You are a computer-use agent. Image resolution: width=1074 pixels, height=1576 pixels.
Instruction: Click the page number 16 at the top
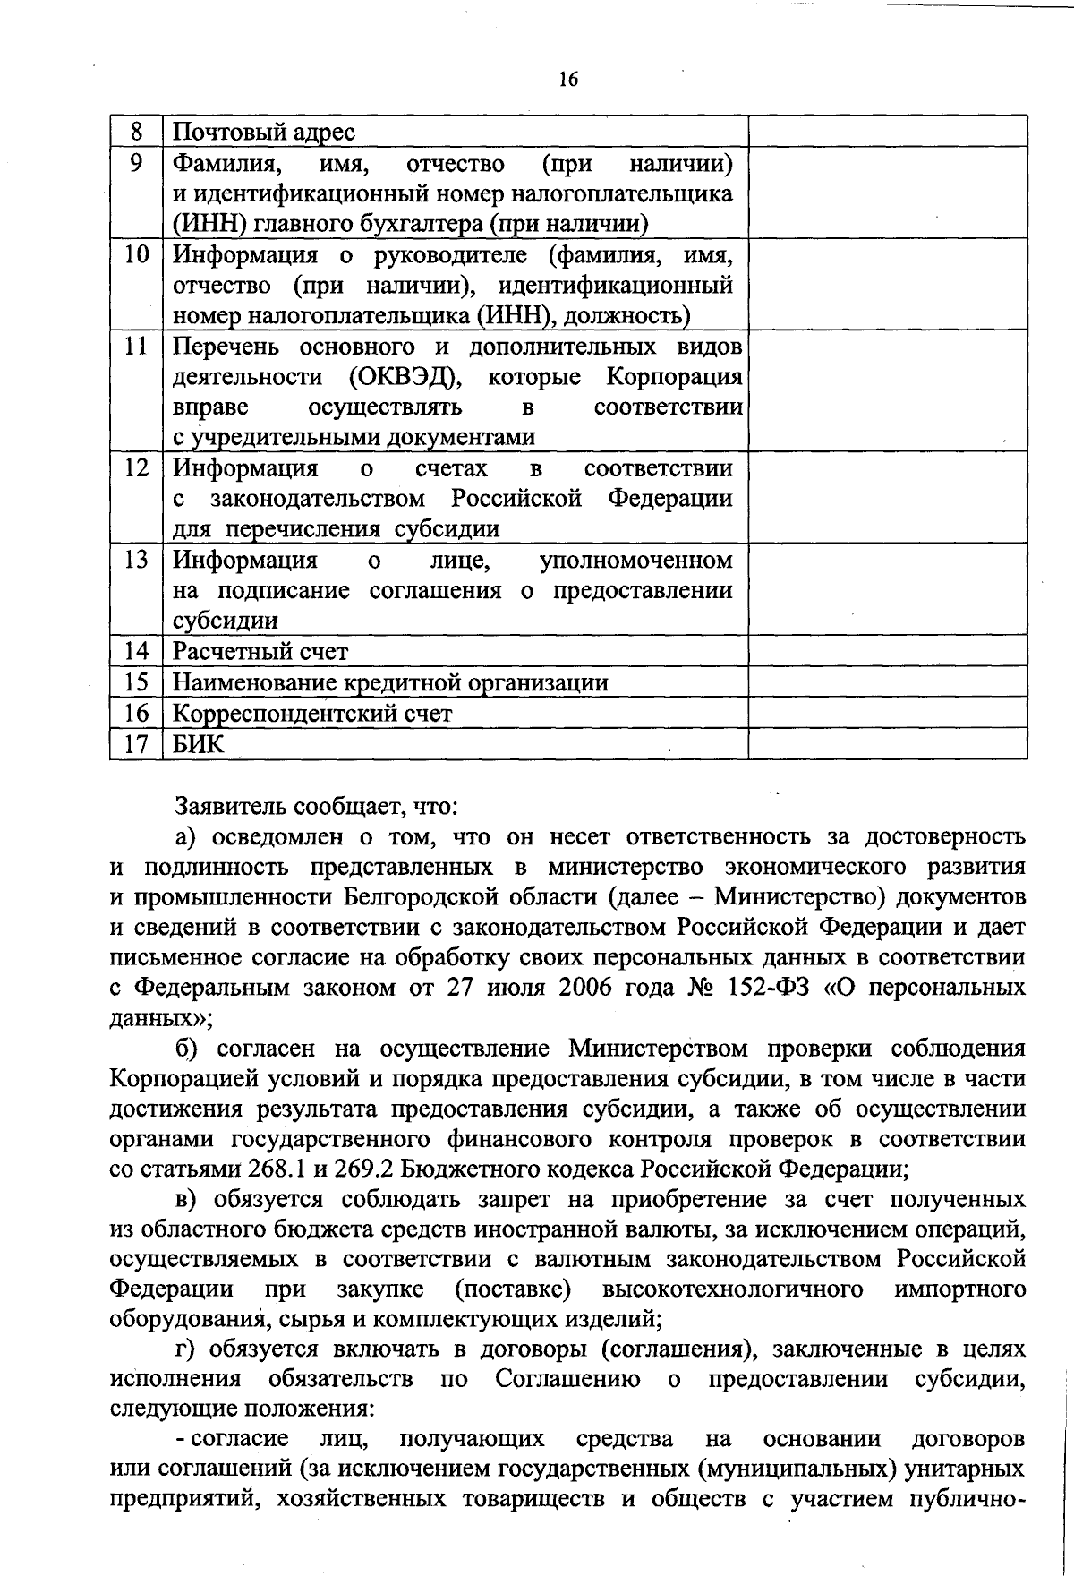pyautogui.click(x=567, y=80)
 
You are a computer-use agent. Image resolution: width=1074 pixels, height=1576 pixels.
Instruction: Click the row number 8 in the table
pyautogui.click(x=136, y=132)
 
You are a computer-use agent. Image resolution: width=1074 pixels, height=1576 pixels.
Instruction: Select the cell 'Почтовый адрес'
pyautogui.click(x=264, y=133)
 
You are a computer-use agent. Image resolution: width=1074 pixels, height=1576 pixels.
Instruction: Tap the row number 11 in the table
pyautogui.click(x=136, y=346)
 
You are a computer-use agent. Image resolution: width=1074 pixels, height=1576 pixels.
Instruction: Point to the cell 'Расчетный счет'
pyautogui.click(x=260, y=652)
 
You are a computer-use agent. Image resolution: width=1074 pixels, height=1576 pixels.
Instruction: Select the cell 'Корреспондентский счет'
pyautogui.click(x=312, y=714)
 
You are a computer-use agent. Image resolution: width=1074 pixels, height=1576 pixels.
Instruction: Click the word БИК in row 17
pyautogui.click(x=199, y=744)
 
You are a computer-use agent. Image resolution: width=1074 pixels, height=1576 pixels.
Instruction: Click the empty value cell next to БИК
pyautogui.click(x=887, y=744)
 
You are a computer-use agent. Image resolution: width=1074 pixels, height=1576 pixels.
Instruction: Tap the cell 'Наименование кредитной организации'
pyautogui.click(x=390, y=683)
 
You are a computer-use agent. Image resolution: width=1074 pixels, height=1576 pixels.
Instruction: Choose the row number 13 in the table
pyautogui.click(x=136, y=561)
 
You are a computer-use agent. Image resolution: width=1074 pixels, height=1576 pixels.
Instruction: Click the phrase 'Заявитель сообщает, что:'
pyautogui.click(x=317, y=806)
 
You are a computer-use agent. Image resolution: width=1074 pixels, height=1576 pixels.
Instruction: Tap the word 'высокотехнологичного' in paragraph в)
pyautogui.click(x=734, y=1290)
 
